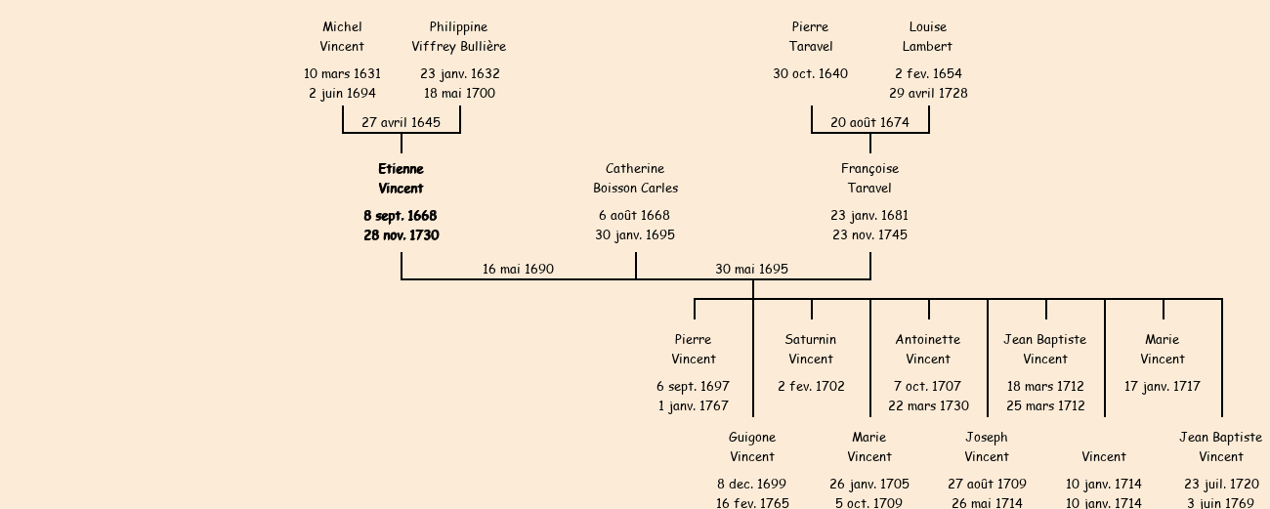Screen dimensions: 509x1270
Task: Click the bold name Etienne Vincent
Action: (x=401, y=178)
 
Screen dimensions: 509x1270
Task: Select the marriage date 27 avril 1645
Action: (x=401, y=122)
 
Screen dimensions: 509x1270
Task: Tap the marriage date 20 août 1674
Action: (x=869, y=122)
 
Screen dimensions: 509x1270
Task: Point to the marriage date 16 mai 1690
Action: (x=518, y=269)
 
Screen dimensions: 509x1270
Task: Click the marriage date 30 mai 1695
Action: (x=751, y=269)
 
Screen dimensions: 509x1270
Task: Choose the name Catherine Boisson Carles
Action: (x=635, y=178)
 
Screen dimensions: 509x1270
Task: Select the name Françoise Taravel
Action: (x=869, y=178)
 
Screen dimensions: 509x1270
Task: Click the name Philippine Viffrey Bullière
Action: (x=458, y=36)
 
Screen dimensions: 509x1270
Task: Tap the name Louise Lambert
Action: (x=927, y=36)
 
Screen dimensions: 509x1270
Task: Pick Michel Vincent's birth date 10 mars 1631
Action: (x=342, y=73)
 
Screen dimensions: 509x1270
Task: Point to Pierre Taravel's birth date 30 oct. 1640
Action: (x=810, y=73)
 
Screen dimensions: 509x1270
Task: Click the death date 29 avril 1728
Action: (x=928, y=93)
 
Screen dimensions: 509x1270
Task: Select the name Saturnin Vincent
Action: (x=811, y=349)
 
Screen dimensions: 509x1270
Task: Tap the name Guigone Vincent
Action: (x=752, y=446)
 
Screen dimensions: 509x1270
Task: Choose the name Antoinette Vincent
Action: (x=928, y=349)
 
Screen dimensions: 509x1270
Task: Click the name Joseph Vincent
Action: (x=987, y=446)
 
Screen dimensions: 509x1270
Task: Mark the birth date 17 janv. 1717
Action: (x=1163, y=386)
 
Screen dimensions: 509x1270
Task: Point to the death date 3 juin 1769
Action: (x=1220, y=503)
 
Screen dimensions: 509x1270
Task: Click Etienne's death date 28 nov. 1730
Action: (x=401, y=234)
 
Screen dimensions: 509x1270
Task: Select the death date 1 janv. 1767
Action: (x=693, y=405)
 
